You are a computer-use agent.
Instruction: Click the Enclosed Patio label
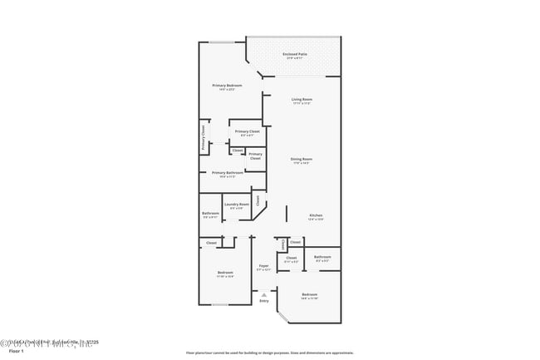[295, 54]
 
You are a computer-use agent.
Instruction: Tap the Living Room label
[301, 100]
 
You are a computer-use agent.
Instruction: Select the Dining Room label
[301, 159]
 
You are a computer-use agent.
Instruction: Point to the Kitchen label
[316, 215]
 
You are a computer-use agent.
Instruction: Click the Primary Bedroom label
[226, 86]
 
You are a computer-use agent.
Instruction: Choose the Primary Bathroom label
[227, 173]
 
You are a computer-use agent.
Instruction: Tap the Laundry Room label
[237, 205]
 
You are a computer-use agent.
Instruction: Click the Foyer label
[263, 267]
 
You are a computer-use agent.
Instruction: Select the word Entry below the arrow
[263, 301]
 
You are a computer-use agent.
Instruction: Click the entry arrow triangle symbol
[263, 293]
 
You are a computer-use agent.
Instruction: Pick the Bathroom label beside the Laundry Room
[210, 214]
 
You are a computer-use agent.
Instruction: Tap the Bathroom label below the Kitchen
[322, 258]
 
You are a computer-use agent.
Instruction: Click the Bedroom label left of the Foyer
[225, 274]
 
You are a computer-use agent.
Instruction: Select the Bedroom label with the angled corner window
[309, 295]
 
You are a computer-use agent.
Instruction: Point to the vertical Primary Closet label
[203, 137]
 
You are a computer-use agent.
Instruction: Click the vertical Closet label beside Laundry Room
[258, 200]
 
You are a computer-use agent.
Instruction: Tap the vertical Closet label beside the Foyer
[283, 244]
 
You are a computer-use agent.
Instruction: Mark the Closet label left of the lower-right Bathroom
[291, 258]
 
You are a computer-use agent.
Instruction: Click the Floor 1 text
[9, 352]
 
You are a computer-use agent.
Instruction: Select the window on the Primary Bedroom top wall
[220, 42]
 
